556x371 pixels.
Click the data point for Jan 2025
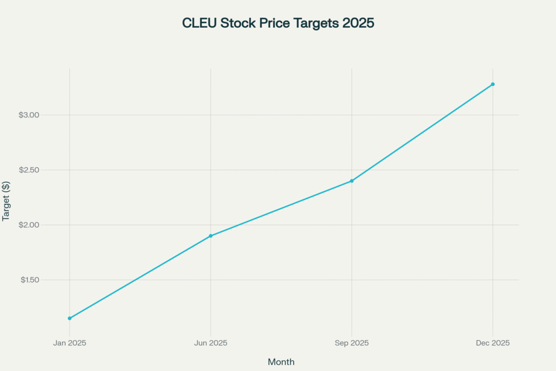(69, 318)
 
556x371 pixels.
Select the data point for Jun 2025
(211, 236)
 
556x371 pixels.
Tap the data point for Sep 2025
(352, 181)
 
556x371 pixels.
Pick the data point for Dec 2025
(492, 84)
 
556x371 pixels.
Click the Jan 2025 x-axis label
(69, 343)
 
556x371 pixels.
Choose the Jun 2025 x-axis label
(211, 343)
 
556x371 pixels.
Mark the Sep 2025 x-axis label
(352, 343)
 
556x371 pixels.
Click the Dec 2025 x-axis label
(492, 343)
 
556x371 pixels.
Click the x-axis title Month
(281, 362)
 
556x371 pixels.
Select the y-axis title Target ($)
(7, 199)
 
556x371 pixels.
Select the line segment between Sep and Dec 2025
(422, 133)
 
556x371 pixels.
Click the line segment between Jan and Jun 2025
(140, 277)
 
